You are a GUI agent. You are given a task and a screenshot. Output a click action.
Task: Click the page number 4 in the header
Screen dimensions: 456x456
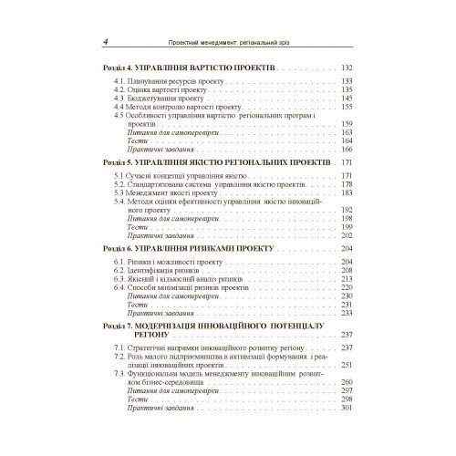107,43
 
